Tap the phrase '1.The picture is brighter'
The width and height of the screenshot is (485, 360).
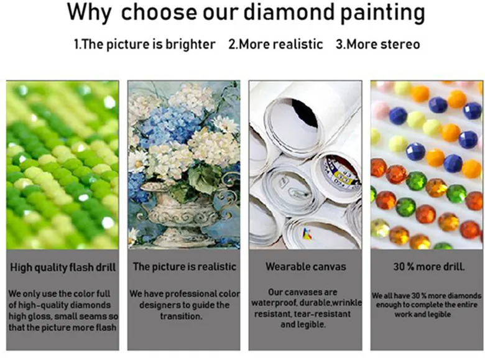144,45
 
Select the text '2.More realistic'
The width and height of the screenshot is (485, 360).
275,44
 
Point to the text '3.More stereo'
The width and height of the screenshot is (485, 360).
377,44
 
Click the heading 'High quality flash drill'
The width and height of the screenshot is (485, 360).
63,267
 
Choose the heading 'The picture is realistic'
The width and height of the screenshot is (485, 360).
185,267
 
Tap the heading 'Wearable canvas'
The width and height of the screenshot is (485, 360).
305,267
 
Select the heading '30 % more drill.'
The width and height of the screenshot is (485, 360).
428,267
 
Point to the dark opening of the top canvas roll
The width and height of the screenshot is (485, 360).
305,113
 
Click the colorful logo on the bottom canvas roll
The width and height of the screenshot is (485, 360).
307,234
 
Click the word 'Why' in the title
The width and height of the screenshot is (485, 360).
89,12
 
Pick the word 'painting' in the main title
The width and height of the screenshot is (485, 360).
382,13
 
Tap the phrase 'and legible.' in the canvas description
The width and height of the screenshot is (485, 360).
303,325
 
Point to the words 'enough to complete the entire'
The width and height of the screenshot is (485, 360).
427,305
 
